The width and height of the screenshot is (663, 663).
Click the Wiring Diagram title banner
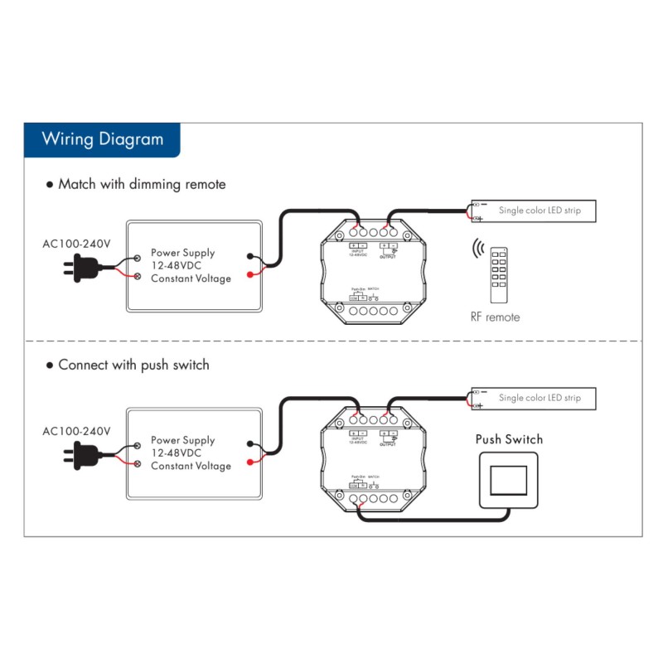point(102,138)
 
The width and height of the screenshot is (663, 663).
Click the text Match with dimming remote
point(141,184)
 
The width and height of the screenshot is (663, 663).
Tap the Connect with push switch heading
point(133,365)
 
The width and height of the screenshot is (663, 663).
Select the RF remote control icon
point(497,273)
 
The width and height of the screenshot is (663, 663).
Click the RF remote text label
point(495,317)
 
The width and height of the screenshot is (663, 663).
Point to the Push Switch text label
point(509,439)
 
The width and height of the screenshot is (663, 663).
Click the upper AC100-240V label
point(76,244)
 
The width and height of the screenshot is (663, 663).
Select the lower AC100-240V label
point(76,432)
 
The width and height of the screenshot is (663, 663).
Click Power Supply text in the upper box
point(182,253)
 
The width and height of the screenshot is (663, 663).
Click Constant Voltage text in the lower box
point(191,466)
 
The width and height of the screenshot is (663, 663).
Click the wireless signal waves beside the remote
point(477,249)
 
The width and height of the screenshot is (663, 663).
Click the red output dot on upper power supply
point(249,274)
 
